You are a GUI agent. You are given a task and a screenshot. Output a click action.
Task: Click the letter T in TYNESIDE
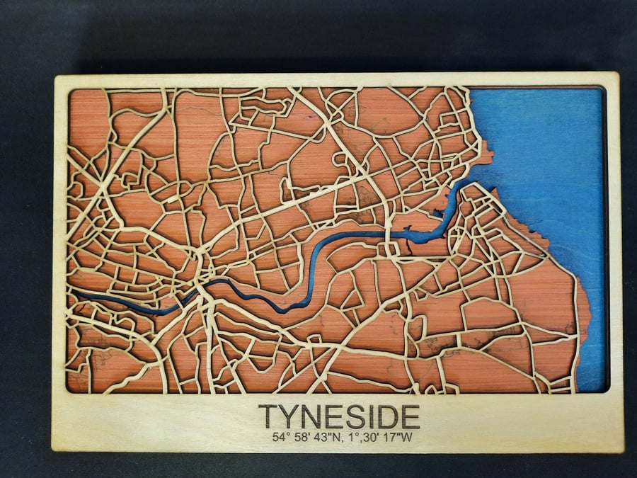coord(267,416)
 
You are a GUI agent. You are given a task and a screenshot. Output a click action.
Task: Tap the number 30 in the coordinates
coord(368,437)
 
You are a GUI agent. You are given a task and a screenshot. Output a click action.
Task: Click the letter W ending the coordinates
coord(406,437)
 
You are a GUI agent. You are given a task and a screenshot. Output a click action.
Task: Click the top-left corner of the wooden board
coord(54,76)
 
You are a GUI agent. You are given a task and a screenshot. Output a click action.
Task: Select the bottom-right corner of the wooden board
coord(623,450)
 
